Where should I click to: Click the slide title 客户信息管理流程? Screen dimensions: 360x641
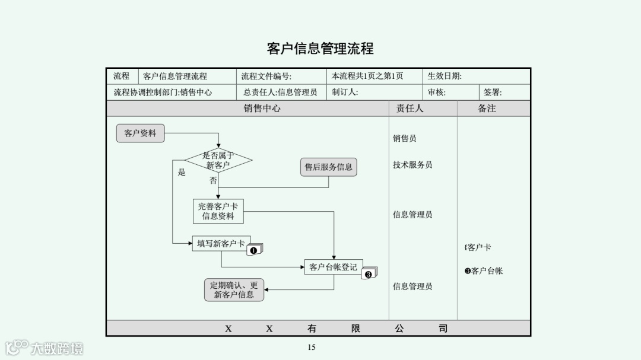pos(320,48)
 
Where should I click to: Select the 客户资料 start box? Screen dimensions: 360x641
pos(140,133)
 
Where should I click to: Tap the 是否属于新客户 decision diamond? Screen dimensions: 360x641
pos(218,160)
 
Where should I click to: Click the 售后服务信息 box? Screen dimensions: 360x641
pos(328,167)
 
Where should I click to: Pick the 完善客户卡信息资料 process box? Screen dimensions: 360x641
pos(218,211)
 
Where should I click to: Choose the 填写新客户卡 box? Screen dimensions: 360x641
pos(221,243)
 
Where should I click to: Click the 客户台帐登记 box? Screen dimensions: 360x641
pos(333,267)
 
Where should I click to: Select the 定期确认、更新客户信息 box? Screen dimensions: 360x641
pos(234,289)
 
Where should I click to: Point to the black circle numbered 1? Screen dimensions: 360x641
pos(253,250)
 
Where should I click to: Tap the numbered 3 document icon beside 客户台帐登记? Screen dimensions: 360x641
pos(369,274)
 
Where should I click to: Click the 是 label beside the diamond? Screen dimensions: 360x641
pos(182,173)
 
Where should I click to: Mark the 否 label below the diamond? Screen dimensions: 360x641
pos(213,180)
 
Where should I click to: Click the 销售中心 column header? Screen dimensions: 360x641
pos(262,109)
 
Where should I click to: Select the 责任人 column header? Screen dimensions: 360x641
pos(410,109)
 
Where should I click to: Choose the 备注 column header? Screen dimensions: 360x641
pos(487,109)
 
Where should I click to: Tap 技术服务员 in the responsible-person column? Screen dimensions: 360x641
pos(412,165)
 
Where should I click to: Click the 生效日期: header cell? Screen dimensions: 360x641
pos(445,76)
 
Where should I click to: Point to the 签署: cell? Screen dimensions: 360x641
pos(493,93)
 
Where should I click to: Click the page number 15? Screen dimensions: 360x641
pos(311,348)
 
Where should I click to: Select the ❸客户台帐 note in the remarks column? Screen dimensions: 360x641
pos(484,271)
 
